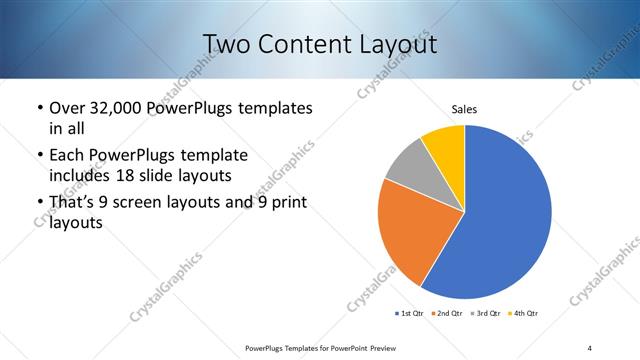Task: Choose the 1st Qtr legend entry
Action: coord(408,314)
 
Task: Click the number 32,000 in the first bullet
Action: coord(118,107)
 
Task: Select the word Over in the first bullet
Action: coord(68,107)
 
